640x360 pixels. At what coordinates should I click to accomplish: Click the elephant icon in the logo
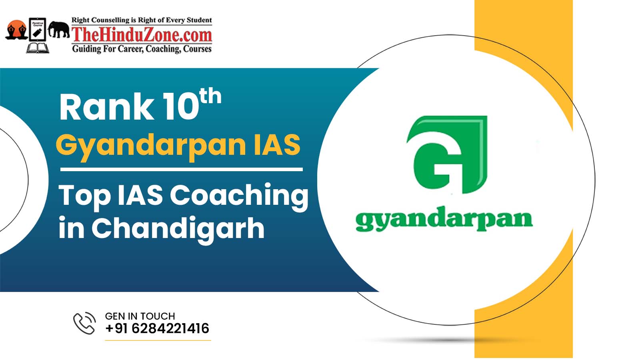click(x=58, y=30)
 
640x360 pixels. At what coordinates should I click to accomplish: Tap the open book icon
click(x=38, y=48)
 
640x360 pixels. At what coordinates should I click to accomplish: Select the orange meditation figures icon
click(x=16, y=30)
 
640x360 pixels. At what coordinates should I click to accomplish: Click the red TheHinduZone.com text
click(x=142, y=35)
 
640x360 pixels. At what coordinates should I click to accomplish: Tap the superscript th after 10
click(x=210, y=96)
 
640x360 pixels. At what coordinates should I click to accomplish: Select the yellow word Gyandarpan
click(x=151, y=146)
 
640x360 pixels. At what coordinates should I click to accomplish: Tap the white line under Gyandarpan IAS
click(x=182, y=170)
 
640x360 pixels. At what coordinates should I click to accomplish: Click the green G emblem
click(x=447, y=154)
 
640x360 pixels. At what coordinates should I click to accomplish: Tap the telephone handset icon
click(x=84, y=323)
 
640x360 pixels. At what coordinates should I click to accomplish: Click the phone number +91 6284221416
click(x=157, y=328)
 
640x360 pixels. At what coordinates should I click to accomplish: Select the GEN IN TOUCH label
click(x=140, y=316)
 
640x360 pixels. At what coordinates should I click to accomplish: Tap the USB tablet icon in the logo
click(x=38, y=30)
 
